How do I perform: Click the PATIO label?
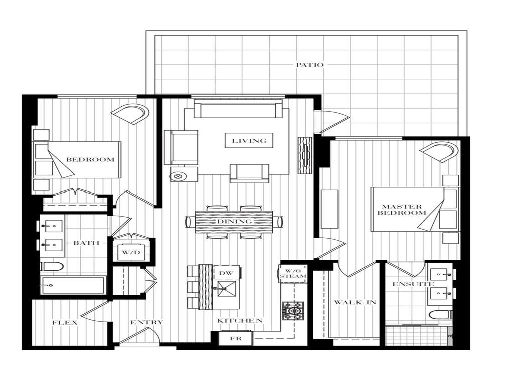pyautogui.click(x=309, y=65)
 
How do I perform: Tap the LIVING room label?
pyautogui.click(x=249, y=141)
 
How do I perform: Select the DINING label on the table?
pyautogui.click(x=234, y=221)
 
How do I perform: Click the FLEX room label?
pyautogui.click(x=65, y=322)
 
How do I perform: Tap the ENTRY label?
pyautogui.click(x=146, y=322)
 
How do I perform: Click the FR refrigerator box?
pyautogui.click(x=235, y=338)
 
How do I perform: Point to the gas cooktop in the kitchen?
pyautogui.click(x=293, y=311)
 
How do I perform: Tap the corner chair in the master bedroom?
pyautogui.click(x=439, y=151)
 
